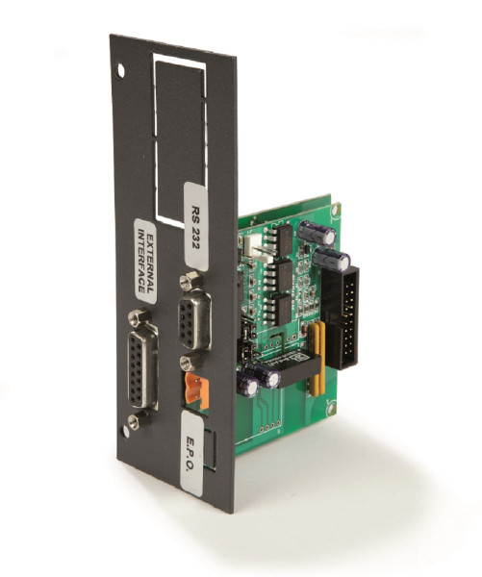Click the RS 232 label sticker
pos(196,226)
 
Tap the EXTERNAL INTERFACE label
pos(145,261)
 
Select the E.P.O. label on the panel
pos(192,453)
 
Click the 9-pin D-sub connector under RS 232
pos(194,318)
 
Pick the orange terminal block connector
pos(197,390)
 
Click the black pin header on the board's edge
pos(341,317)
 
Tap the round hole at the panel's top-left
pos(121,70)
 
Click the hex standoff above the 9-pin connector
pos(191,281)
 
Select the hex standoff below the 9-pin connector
pos(191,362)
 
